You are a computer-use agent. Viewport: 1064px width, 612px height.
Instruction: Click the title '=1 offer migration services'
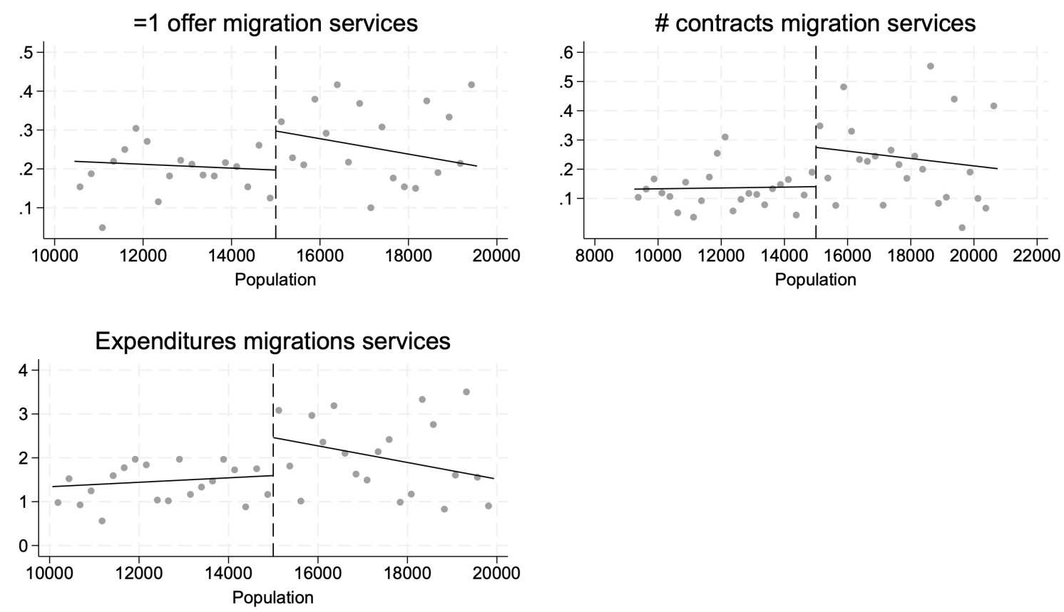pyautogui.click(x=275, y=23)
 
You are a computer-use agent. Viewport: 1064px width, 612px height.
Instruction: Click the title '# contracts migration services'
pyautogui.click(x=815, y=23)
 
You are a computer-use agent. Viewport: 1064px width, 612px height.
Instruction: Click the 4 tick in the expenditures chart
pyautogui.click(x=24, y=370)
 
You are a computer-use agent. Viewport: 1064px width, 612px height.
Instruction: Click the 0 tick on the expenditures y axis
pyautogui.click(x=24, y=546)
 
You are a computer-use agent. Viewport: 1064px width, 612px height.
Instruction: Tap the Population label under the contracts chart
pyautogui.click(x=815, y=279)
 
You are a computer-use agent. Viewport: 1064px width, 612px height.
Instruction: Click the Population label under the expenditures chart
pyautogui.click(x=272, y=597)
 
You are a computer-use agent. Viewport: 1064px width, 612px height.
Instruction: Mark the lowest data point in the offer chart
pyautogui.click(x=102, y=228)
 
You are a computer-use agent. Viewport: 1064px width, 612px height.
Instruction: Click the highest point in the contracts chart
pyautogui.click(x=930, y=66)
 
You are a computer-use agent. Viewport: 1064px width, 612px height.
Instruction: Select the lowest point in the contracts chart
pyautogui.click(x=961, y=228)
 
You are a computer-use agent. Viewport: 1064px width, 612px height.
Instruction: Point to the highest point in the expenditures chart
pyautogui.click(x=466, y=392)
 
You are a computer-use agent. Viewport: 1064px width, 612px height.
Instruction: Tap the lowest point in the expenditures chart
pyautogui.click(x=102, y=521)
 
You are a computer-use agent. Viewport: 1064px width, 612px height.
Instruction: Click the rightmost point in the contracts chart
pyautogui.click(x=993, y=106)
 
